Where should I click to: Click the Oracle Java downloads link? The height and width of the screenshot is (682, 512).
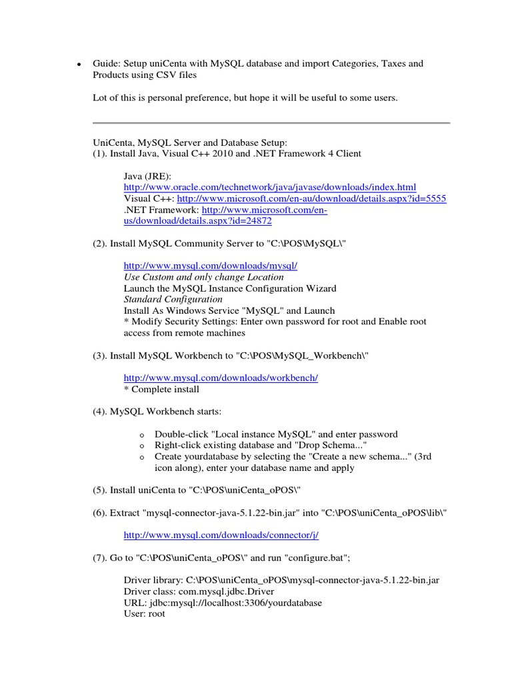pyautogui.click(x=269, y=188)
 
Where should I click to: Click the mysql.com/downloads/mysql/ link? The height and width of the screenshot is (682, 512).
pyautogui.click(x=210, y=265)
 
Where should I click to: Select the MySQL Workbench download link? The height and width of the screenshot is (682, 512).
pyautogui.click(x=221, y=378)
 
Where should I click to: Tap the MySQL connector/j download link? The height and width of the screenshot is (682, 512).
pyautogui.click(x=216, y=535)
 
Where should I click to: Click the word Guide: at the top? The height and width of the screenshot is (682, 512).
pyautogui.click(x=107, y=64)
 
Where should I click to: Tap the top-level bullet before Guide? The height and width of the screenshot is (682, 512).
pyautogui.click(x=78, y=65)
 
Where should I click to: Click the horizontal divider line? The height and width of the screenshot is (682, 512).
pyautogui.click(x=271, y=123)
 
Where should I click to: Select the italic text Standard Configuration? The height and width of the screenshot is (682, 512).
pyautogui.click(x=173, y=299)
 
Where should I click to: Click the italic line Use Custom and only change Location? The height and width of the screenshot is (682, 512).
pyautogui.click(x=203, y=276)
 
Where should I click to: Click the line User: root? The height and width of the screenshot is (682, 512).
pyautogui.click(x=144, y=613)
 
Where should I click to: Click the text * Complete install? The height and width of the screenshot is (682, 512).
pyautogui.click(x=161, y=389)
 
